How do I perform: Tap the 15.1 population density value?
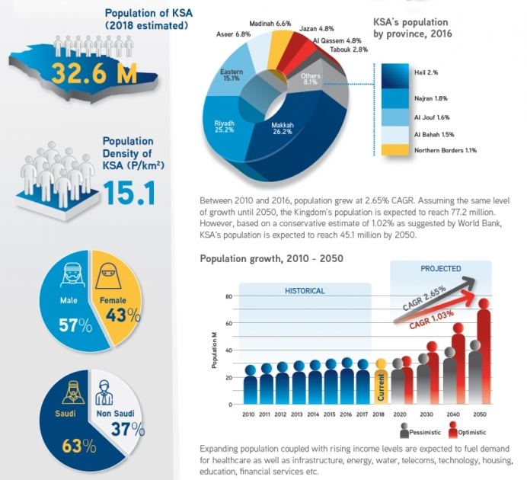129,191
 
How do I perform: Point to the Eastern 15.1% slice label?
232,75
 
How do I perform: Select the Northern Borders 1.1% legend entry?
446,150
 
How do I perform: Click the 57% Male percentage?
76,326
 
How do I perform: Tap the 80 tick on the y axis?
228,296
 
